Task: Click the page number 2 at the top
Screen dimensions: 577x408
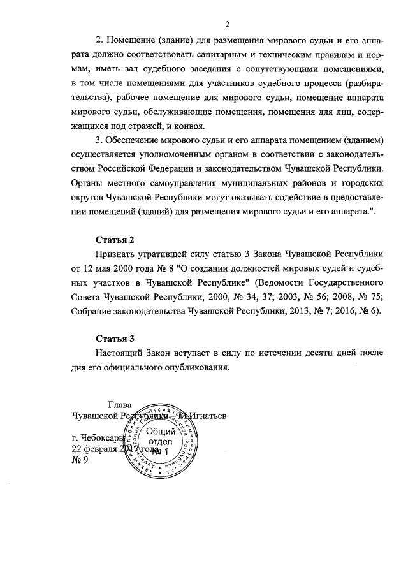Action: click(x=227, y=24)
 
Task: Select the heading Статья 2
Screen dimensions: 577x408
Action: click(x=115, y=240)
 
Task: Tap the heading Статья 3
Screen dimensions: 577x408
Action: click(x=115, y=338)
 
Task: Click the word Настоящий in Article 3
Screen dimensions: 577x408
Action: click(x=121, y=353)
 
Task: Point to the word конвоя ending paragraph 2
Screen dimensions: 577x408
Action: click(x=189, y=126)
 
